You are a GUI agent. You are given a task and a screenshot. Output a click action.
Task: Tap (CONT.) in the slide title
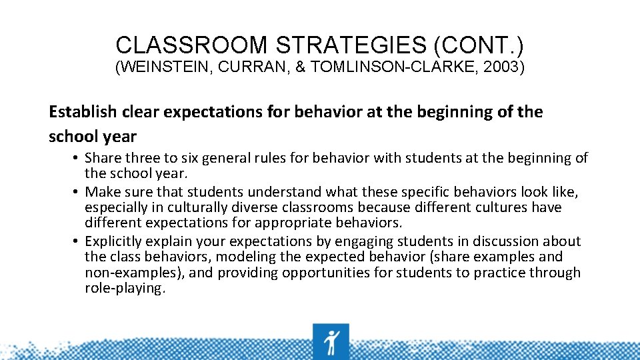(478, 45)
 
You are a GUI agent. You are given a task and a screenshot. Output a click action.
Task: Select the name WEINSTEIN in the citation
(159, 68)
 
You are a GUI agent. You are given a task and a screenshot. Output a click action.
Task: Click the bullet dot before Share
(78, 158)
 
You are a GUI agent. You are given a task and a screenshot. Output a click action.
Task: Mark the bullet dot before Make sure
(78, 192)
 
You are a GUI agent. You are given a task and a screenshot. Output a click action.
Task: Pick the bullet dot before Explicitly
(78, 241)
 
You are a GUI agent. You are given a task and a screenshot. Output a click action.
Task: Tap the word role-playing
(124, 288)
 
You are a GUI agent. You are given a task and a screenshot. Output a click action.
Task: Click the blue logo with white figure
(331, 341)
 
